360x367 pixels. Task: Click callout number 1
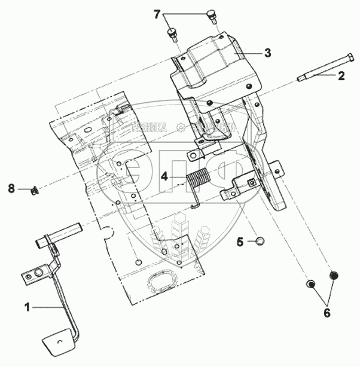pyautogui.click(x=27, y=307)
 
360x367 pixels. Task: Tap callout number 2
pyautogui.click(x=341, y=75)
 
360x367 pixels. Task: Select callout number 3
pyautogui.click(x=267, y=53)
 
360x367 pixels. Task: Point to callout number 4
pyautogui.click(x=164, y=176)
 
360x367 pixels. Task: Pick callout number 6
pyautogui.click(x=327, y=313)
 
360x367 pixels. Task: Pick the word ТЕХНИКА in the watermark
pyautogui.click(x=147, y=127)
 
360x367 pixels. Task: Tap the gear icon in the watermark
pyautogui.click(x=179, y=127)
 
